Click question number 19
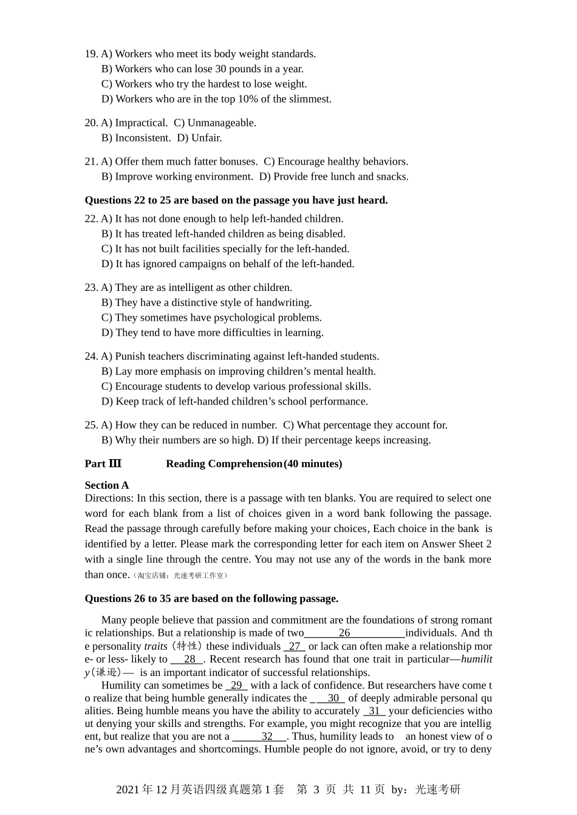[x=91, y=54]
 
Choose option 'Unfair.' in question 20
[x=200, y=138]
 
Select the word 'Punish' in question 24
[x=129, y=356]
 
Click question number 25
[x=91, y=425]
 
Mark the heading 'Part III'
[x=103, y=464]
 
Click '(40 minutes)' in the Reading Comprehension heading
[x=313, y=464]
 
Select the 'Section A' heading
[x=107, y=485]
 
